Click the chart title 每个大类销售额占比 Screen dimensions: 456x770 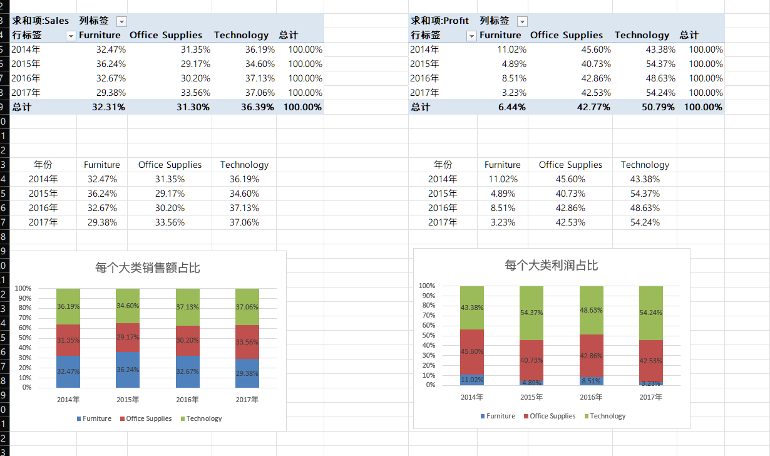click(148, 268)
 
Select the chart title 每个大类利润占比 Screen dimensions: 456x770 click(552, 266)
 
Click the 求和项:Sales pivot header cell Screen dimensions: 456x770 click(41, 21)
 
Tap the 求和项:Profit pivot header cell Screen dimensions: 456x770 click(439, 21)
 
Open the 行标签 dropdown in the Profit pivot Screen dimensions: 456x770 click(471, 36)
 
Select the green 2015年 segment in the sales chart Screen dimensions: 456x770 click(128, 306)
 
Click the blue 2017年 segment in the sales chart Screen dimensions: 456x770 click(247, 373)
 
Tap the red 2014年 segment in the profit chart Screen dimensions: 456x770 click(472, 351)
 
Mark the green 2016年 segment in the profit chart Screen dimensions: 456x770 click(592, 310)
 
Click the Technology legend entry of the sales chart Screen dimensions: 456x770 click(201, 418)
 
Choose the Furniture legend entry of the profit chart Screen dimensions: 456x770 click(498, 416)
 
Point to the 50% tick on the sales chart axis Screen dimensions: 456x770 click(23, 338)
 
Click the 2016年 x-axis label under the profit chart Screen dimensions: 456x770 click(592, 397)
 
